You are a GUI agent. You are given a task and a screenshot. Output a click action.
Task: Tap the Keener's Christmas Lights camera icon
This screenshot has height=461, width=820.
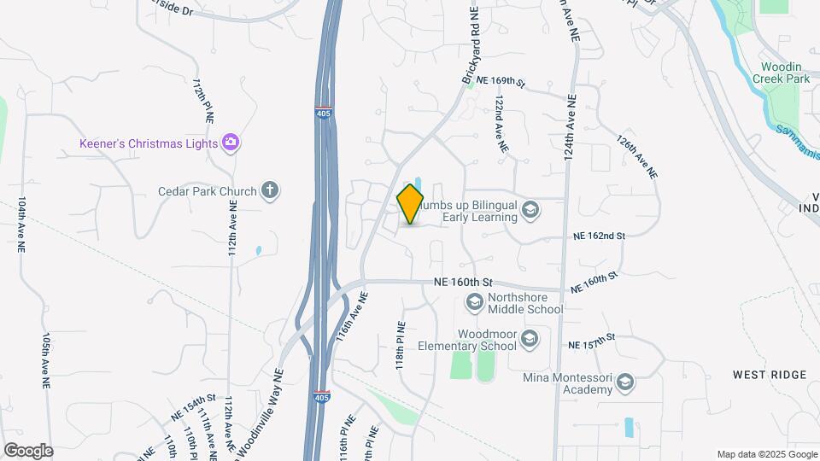click(x=230, y=143)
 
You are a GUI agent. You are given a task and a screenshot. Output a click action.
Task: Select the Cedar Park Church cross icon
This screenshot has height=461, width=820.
click(x=270, y=190)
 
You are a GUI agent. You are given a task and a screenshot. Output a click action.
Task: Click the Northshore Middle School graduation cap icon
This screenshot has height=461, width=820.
click(x=474, y=301)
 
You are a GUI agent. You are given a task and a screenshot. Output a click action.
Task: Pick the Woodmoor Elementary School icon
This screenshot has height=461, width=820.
click(x=530, y=340)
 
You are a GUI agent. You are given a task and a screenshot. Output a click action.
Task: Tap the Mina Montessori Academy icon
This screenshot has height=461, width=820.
click(x=625, y=382)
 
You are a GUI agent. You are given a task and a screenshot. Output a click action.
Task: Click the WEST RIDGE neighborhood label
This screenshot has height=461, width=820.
click(x=769, y=375)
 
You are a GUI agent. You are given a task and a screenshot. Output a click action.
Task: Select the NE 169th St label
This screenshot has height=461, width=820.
click(x=501, y=80)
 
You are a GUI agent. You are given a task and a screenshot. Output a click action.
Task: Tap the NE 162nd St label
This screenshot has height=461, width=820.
click(x=600, y=235)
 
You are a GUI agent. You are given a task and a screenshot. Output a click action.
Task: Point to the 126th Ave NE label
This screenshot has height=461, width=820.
click(x=639, y=155)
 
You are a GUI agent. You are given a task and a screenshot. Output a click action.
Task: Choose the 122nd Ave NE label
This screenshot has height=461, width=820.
click(x=500, y=124)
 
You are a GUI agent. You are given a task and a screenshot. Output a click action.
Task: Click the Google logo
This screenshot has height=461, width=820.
click(x=27, y=451)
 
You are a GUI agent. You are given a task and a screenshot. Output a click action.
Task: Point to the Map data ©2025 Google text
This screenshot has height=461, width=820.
click(x=765, y=454)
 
